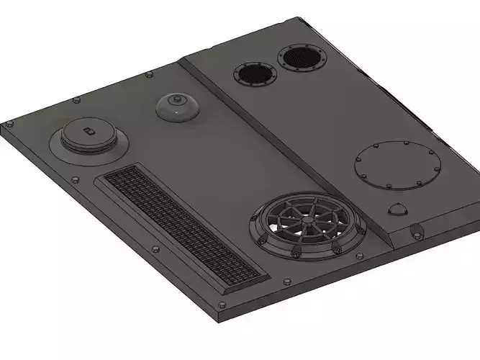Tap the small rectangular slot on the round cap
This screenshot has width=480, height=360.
88,130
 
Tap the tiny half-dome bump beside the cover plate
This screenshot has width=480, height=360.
398,210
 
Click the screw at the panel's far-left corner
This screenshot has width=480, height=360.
9,124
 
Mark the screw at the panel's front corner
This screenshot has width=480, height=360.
222,306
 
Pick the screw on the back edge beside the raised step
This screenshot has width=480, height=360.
149,74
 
